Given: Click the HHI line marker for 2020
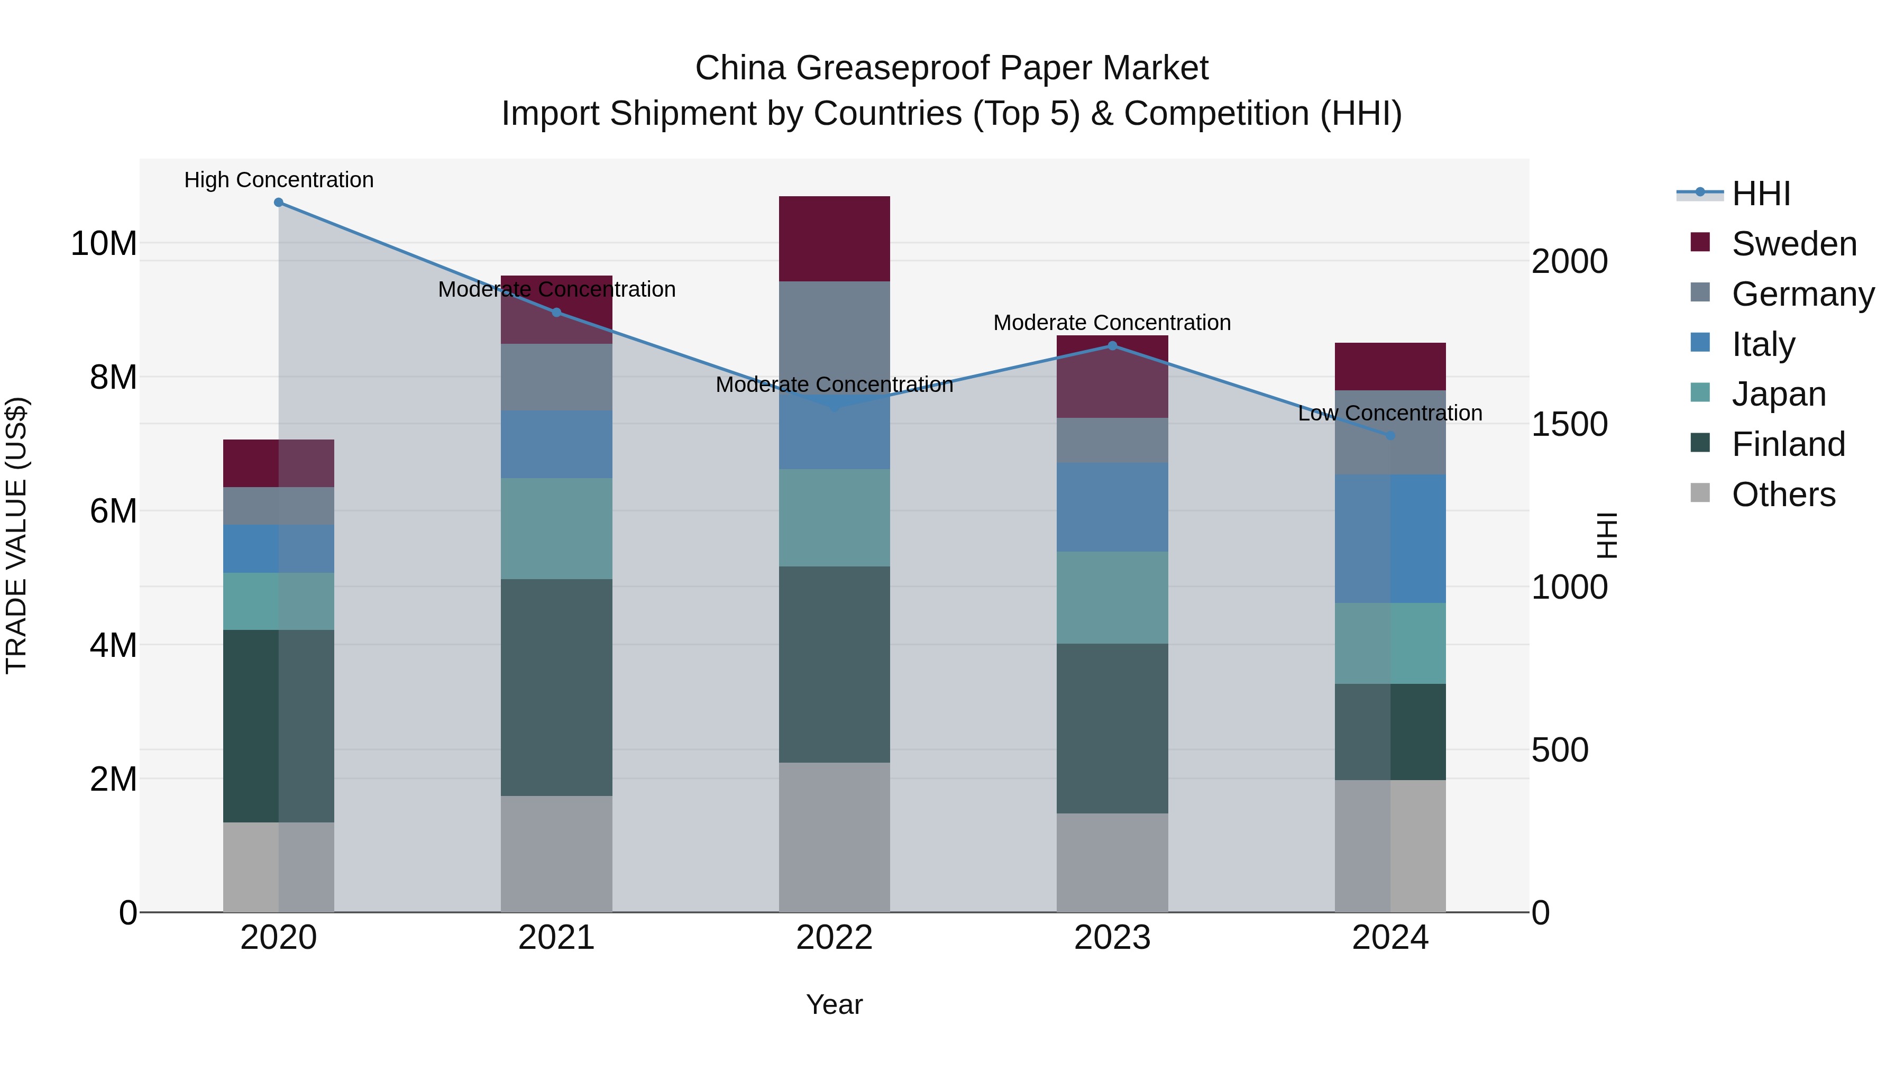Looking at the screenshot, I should pyautogui.click(x=279, y=203).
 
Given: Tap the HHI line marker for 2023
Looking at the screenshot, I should pyautogui.click(x=1112, y=346).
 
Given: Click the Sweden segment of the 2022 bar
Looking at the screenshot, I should pyautogui.click(x=835, y=239).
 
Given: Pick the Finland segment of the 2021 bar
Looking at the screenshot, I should pyautogui.click(x=556, y=688).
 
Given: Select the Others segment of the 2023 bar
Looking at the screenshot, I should pyautogui.click(x=1112, y=863).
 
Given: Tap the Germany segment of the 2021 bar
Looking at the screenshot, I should pyautogui.click(x=556, y=378).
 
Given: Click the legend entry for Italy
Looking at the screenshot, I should pyautogui.click(x=1763, y=344).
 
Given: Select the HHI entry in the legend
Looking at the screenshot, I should pyautogui.click(x=1761, y=194).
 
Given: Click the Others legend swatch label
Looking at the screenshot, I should pyautogui.click(x=1783, y=495).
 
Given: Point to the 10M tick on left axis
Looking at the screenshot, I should pyautogui.click(x=104, y=244).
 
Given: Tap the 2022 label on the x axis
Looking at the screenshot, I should pyautogui.click(x=835, y=938).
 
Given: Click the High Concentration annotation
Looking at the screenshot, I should pyautogui.click(x=279, y=180).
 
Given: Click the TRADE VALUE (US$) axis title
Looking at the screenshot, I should pyautogui.click(x=16, y=535).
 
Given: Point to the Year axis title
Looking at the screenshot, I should pyautogui.click(x=835, y=1004).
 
